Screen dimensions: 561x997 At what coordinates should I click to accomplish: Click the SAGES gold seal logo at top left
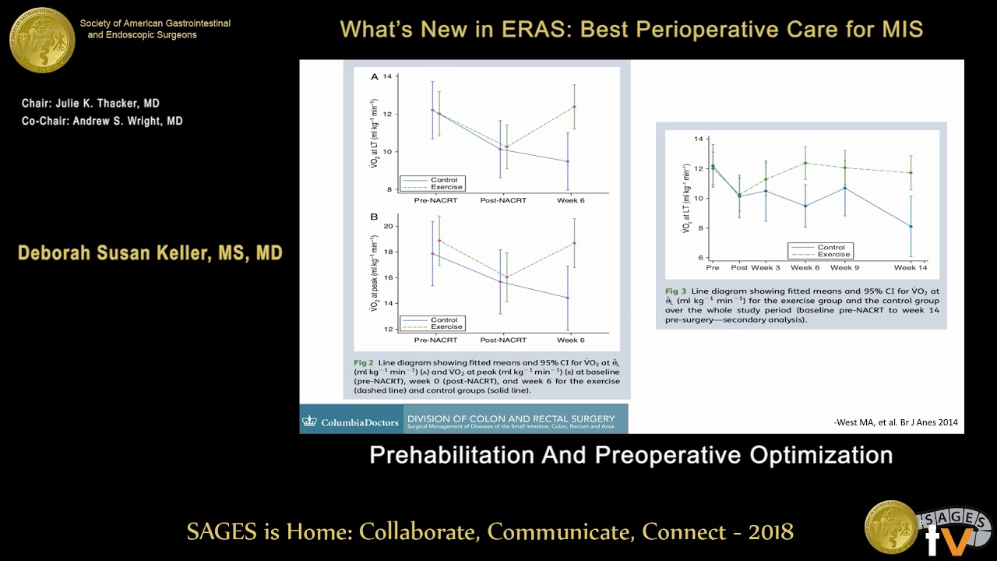click(42, 40)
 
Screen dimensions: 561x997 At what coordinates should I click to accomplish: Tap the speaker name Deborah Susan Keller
click(150, 253)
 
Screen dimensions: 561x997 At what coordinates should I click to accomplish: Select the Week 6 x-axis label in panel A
click(570, 200)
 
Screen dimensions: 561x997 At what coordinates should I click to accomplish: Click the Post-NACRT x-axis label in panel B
click(503, 340)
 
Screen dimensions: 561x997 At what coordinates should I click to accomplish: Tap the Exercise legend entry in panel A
click(446, 187)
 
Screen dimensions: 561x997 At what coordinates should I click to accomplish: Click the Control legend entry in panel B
click(444, 320)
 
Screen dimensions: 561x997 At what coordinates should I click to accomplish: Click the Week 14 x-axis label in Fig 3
click(910, 267)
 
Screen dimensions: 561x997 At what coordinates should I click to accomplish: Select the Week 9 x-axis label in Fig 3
click(845, 267)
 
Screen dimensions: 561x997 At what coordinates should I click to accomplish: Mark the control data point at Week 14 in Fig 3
click(911, 227)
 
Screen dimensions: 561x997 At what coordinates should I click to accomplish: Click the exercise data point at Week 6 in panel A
click(574, 107)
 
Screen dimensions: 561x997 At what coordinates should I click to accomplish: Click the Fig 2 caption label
click(364, 363)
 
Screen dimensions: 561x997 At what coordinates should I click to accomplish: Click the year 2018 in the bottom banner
click(770, 531)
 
